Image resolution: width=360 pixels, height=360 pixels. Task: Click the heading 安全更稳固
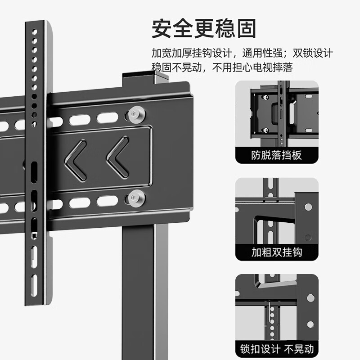click(204, 28)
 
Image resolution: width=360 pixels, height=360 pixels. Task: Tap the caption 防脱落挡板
click(277, 156)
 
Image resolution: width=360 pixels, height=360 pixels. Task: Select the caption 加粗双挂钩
click(277, 252)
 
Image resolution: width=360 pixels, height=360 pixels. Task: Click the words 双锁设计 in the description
click(313, 53)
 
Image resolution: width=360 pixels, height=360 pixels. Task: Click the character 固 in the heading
click(246, 28)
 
